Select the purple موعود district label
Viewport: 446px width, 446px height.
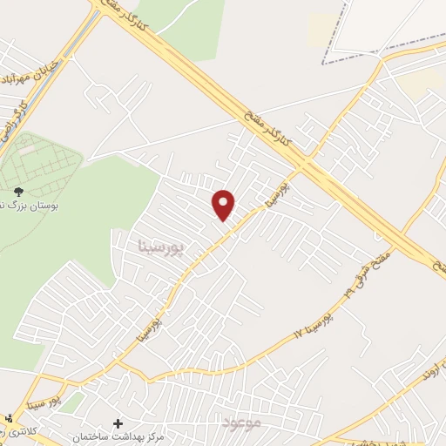click(242, 422)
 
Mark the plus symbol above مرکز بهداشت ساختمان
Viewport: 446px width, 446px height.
click(118, 423)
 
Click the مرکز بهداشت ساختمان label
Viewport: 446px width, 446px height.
click(119, 437)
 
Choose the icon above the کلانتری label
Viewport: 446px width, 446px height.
click(9, 420)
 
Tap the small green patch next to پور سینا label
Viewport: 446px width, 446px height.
click(71, 402)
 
